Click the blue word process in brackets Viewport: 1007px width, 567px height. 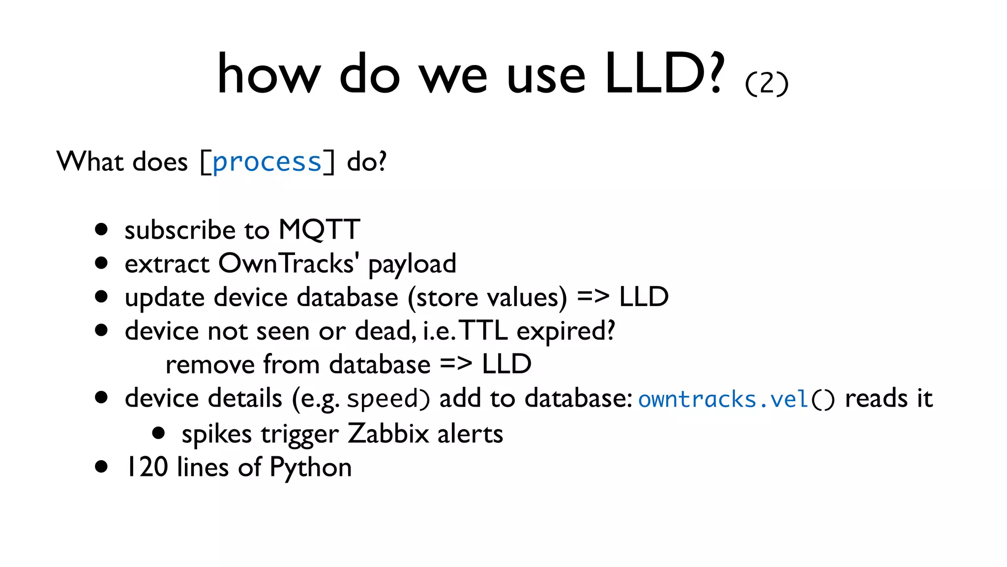click(267, 162)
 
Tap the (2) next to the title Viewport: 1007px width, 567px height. click(767, 84)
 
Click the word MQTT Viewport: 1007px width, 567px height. click(319, 230)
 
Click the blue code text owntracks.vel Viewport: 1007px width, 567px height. click(723, 399)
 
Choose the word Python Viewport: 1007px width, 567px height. click(311, 467)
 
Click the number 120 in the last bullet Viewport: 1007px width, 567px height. click(147, 467)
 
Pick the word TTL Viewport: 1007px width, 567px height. click(483, 331)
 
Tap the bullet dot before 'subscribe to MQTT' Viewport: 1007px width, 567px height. click(101, 229)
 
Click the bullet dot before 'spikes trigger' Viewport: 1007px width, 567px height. click(158, 433)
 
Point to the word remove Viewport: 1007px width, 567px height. click(210, 365)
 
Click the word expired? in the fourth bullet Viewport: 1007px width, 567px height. click(565, 331)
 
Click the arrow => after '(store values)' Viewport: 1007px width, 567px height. click(593, 297)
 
